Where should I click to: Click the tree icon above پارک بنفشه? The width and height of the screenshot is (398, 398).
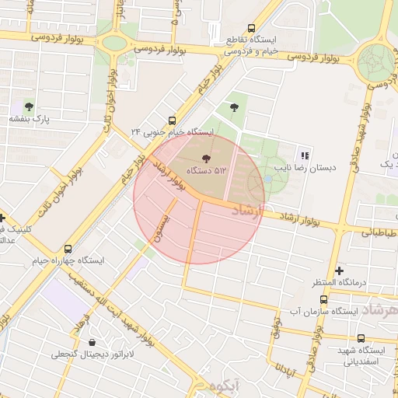tap(30, 106)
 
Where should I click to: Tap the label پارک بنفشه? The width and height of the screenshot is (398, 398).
tap(30, 120)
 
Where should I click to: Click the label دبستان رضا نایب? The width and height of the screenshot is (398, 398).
tap(304, 168)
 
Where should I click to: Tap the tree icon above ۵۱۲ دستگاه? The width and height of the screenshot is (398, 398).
tap(194, 159)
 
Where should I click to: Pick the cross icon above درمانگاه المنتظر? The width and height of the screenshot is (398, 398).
tap(338, 270)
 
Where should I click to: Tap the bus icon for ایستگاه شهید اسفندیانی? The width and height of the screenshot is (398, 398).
tap(361, 338)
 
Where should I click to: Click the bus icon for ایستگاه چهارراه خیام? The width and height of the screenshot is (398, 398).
tap(68, 249)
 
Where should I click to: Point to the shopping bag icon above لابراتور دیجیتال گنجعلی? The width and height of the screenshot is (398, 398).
tap(93, 342)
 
